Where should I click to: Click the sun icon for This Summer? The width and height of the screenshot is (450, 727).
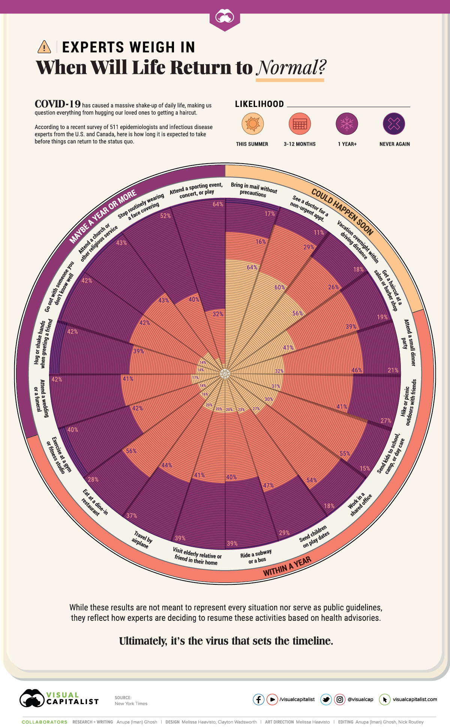pyautogui.click(x=252, y=123)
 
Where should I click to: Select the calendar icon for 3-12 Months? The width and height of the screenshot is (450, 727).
pyautogui.click(x=300, y=123)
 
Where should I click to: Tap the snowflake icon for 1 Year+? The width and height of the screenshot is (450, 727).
pyautogui.click(x=347, y=123)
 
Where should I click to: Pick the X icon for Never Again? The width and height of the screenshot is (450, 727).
pyautogui.click(x=394, y=123)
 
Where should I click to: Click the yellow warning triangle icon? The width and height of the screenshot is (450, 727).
pyautogui.click(x=44, y=47)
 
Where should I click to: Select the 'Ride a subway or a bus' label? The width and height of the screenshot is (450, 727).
pyautogui.click(x=256, y=557)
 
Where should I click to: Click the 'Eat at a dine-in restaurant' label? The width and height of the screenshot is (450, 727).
pyautogui.click(x=95, y=502)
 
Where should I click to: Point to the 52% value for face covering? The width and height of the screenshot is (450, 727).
pyautogui.click(x=165, y=216)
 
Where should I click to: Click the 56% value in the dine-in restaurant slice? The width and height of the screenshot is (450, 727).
pyautogui.click(x=131, y=451)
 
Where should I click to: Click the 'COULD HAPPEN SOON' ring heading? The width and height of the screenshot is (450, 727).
pyautogui.click(x=342, y=212)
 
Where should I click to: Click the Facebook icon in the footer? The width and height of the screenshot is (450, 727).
pyautogui.click(x=258, y=699)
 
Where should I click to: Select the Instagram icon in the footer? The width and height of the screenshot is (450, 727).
pyautogui.click(x=340, y=699)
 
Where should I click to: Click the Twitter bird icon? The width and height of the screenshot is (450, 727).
pyautogui.click(x=326, y=699)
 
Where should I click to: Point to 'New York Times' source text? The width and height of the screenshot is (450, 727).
pyautogui.click(x=131, y=703)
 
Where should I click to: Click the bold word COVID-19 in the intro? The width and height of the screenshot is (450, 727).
pyautogui.click(x=58, y=104)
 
